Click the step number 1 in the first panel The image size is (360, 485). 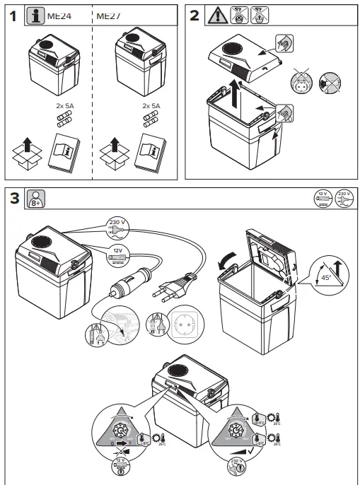13,17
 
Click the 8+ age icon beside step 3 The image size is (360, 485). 35,199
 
